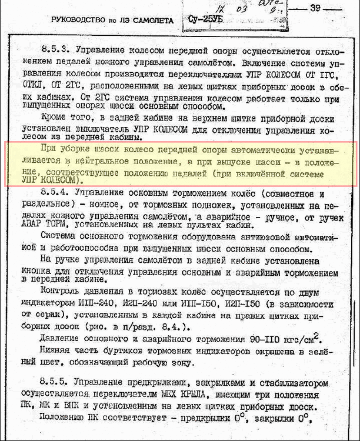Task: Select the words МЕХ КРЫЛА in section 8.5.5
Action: (x=186, y=395)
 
